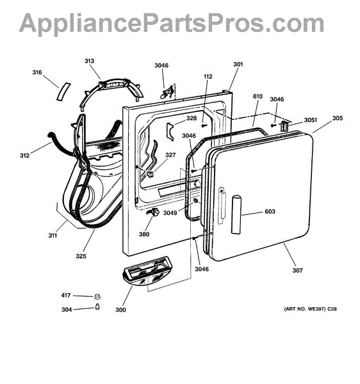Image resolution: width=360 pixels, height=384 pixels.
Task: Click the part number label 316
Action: tap(37, 72)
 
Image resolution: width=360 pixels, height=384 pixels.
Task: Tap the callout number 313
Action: tap(89, 61)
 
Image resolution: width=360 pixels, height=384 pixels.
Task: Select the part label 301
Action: tap(238, 64)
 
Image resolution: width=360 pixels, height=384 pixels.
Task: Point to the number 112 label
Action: tap(208, 76)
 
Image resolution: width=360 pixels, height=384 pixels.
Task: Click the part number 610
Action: tap(258, 96)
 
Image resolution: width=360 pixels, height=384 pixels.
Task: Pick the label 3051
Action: tap(311, 120)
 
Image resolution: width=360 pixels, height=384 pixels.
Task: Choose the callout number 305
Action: tap(338, 118)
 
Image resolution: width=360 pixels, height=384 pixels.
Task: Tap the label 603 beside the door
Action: tap(270, 211)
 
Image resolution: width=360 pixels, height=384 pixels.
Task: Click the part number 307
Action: tap(297, 270)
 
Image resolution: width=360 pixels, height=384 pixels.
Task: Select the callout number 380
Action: tap(144, 234)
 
